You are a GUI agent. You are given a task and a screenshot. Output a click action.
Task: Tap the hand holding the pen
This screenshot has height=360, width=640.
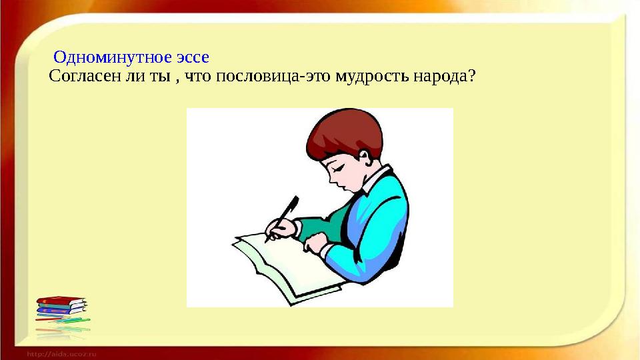(x=283, y=230)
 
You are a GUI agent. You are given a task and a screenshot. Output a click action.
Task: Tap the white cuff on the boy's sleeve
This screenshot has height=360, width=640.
(x=327, y=251)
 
